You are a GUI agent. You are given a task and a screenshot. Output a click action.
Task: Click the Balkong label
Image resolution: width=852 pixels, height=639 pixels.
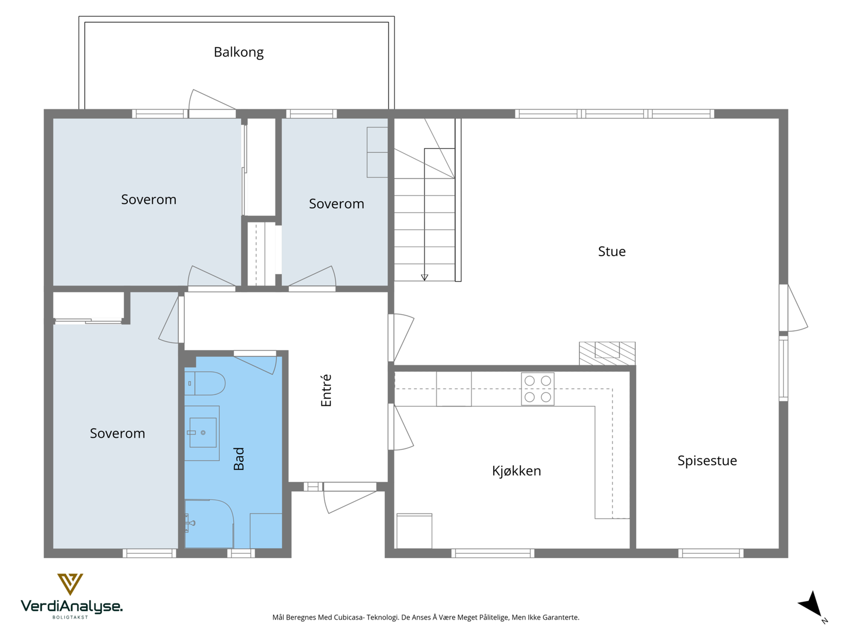click(x=239, y=52)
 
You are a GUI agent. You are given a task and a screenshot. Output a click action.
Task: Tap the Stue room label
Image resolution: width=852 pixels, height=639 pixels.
click(x=611, y=251)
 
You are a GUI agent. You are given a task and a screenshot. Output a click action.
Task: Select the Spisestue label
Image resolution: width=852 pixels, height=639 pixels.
click(x=707, y=461)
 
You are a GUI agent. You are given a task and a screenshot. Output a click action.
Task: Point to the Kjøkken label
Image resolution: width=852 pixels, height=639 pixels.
click(x=516, y=471)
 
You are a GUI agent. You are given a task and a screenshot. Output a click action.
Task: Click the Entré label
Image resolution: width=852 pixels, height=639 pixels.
click(x=326, y=390)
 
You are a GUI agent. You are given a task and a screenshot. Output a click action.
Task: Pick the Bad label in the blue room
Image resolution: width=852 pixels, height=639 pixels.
click(x=239, y=458)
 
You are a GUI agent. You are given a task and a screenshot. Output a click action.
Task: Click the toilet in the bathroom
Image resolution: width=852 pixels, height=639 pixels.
click(x=204, y=383)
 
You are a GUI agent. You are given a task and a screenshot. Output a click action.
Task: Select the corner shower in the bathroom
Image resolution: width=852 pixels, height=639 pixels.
click(x=209, y=523)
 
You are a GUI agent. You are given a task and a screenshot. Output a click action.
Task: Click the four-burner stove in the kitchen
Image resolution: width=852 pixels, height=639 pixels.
click(x=538, y=389)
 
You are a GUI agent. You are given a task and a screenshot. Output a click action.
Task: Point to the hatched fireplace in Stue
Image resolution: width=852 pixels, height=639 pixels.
click(x=607, y=353)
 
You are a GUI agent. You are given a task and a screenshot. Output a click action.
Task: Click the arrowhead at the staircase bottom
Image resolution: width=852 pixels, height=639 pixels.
click(x=424, y=277)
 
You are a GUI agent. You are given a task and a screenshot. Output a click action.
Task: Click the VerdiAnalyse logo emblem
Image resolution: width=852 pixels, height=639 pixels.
click(x=70, y=584)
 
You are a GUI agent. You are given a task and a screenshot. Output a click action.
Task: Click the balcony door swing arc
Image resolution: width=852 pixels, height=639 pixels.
click(x=190, y=100)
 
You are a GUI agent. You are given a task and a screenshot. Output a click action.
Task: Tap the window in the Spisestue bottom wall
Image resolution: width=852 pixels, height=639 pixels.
click(x=711, y=553)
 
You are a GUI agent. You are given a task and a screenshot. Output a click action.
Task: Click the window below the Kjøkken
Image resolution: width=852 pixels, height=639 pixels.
click(x=493, y=553)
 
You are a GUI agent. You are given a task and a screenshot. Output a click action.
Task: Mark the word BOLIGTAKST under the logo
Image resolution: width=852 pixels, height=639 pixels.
click(x=70, y=617)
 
